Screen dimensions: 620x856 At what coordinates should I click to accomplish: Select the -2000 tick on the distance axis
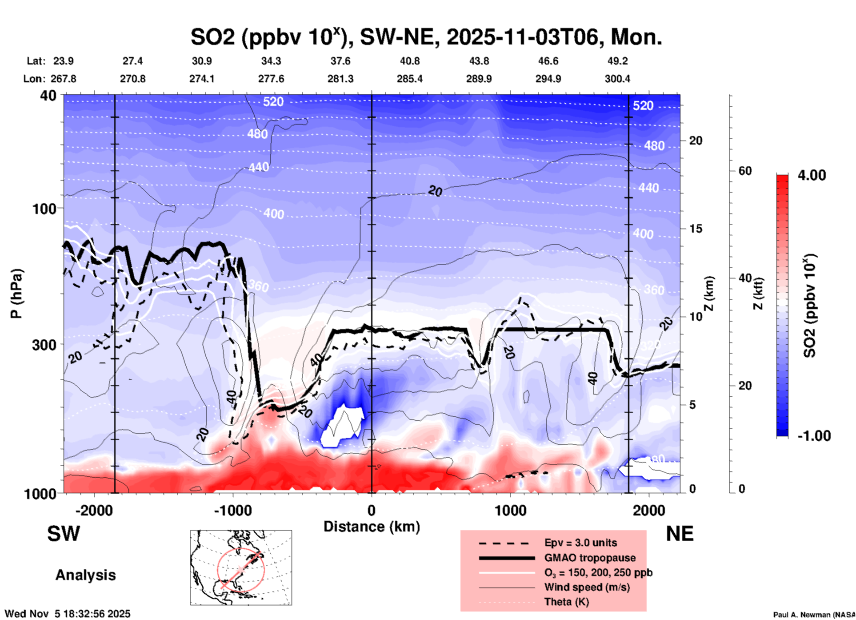coord(94,511)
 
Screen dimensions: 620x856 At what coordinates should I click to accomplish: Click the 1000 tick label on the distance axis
coord(510,511)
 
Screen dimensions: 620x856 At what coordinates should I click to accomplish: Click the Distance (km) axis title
coord(372,527)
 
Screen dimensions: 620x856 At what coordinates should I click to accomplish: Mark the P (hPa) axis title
coord(16,294)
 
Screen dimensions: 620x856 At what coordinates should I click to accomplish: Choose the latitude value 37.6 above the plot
coord(340,61)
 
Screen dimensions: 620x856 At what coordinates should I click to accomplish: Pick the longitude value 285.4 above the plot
coord(409,79)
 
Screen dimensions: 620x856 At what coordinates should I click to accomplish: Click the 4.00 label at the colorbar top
coord(812,175)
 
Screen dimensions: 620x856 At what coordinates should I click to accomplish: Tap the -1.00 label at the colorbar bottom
coord(814,435)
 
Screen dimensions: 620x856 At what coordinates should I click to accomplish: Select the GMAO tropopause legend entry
coord(590,558)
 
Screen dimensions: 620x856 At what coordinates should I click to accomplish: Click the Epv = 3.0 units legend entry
coord(580,543)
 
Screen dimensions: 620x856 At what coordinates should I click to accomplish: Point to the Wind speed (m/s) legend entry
coord(587,587)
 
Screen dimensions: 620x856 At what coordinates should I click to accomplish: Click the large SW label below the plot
coord(64,534)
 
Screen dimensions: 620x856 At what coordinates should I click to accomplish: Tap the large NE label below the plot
coord(680,534)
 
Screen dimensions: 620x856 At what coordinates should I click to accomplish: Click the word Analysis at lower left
coord(85,575)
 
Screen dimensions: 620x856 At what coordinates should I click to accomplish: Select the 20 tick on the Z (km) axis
coord(696,141)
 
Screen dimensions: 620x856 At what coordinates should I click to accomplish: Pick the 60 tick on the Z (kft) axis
coord(745,171)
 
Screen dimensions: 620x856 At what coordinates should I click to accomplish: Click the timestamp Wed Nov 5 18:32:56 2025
coord(68,614)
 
